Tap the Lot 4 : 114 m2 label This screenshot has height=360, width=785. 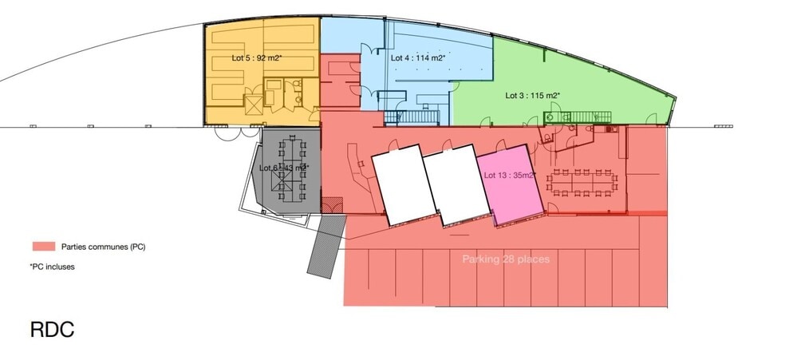point(417,58)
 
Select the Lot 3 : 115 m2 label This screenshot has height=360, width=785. point(533,95)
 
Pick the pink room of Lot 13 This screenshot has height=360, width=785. point(511,196)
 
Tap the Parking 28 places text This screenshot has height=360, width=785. point(506,259)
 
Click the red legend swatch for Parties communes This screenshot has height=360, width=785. point(43,247)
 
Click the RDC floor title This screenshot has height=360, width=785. point(52,328)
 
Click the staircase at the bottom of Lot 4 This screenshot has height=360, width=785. point(418,117)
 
